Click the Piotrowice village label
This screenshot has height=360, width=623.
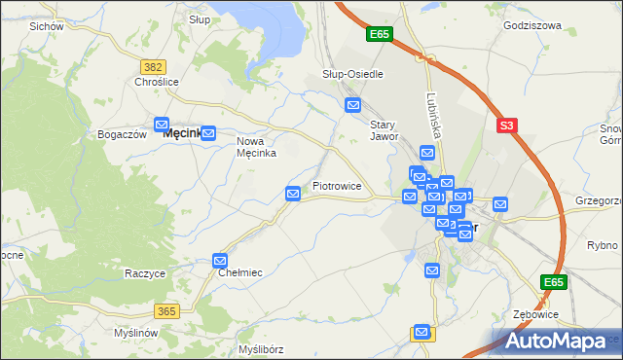337,185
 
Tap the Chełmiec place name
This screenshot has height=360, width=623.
239,273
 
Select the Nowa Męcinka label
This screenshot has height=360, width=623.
257,146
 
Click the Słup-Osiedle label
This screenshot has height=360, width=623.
352,74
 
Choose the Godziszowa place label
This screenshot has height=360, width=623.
532,25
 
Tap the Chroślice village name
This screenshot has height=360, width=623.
157,83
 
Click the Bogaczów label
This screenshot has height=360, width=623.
123,134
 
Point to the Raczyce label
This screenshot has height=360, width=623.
145,273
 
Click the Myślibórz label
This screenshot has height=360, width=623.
260,348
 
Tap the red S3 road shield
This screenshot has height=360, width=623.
505,126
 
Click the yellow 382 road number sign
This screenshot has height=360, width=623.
153,66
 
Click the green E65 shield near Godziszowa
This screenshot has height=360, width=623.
380,35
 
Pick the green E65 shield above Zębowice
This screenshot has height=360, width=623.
554,282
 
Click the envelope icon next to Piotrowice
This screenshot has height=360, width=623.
293,195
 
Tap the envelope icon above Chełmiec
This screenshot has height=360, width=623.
221,261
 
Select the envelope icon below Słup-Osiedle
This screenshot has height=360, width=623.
353,105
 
